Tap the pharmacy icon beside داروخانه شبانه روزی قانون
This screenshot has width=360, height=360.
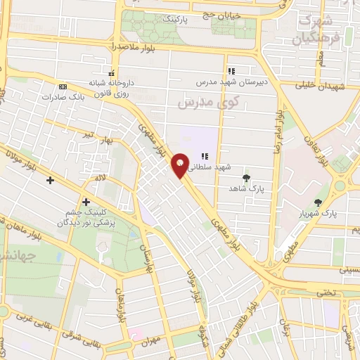pyautogui.click(x=111, y=73)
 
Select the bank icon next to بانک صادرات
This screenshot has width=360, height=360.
pyautogui.click(x=63, y=86)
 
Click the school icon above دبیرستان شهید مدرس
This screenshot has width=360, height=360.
pyautogui.click(x=231, y=71)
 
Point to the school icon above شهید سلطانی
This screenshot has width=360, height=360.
pyautogui.click(x=205, y=156)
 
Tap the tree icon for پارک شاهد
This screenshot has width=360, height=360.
pyautogui.click(x=245, y=178)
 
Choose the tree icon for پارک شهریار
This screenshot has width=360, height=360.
pyautogui.click(x=319, y=202)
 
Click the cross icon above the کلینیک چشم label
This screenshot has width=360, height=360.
pyautogui.click(x=86, y=202)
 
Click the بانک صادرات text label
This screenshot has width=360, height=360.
pyautogui.click(x=77, y=96)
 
